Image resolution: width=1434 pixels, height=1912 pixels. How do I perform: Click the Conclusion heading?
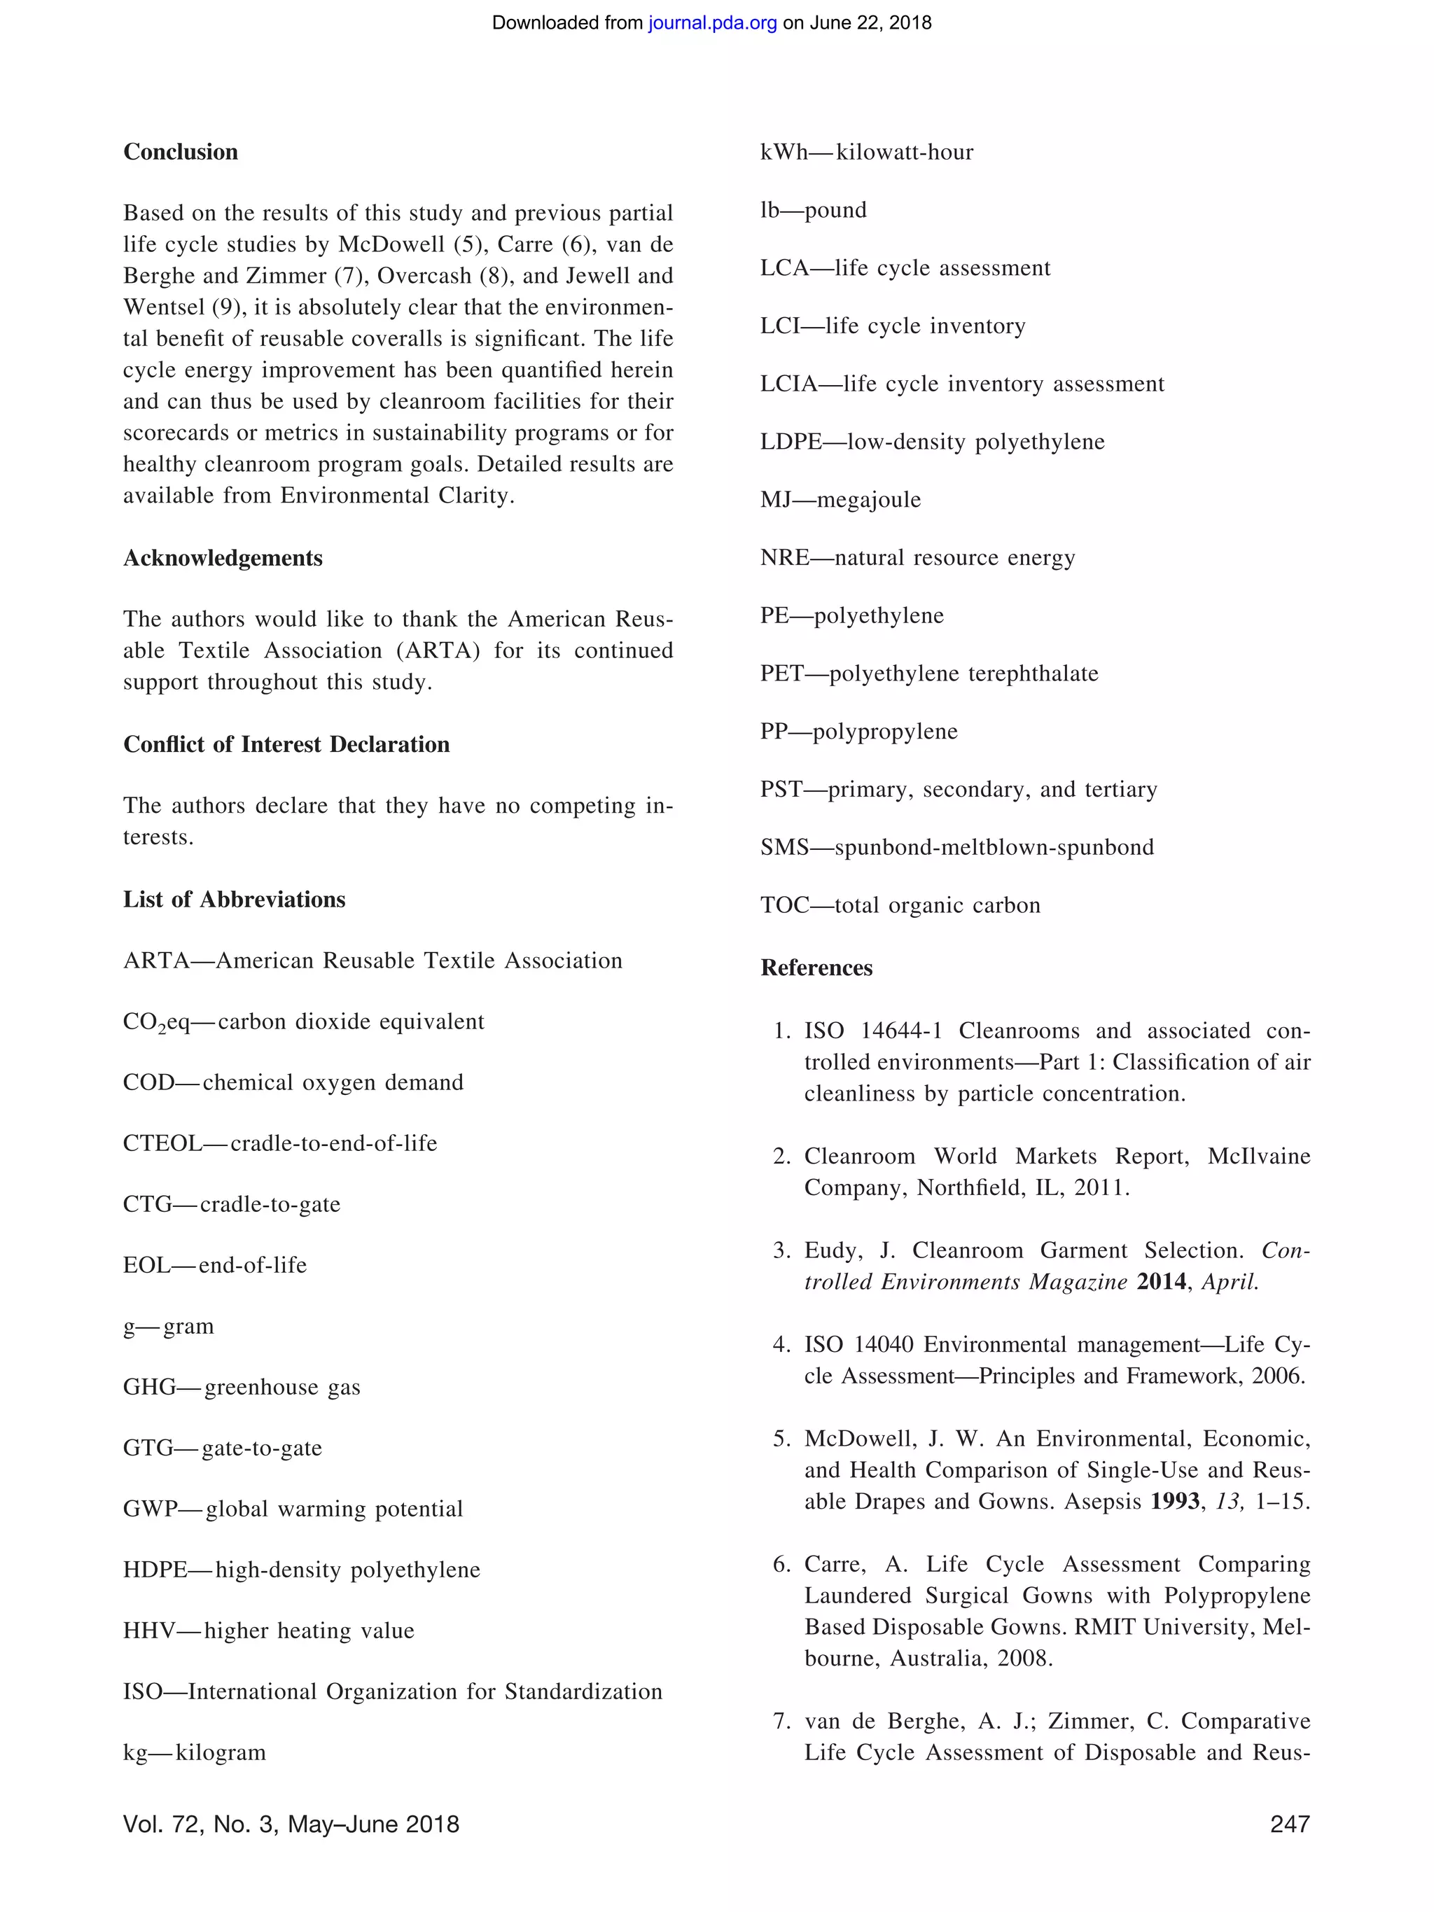coord(181,152)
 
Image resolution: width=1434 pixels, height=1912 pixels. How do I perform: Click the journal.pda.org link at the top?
coord(712,23)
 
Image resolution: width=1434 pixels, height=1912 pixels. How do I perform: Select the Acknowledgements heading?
coord(223,559)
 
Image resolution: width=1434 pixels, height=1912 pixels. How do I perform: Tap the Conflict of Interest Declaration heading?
coord(286,745)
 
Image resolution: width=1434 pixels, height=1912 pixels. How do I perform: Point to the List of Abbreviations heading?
coord(235,900)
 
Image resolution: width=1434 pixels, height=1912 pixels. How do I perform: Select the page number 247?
coord(1290,1824)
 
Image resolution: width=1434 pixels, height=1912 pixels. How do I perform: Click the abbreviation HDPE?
coord(155,1570)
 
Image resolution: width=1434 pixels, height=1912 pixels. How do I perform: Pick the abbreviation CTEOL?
coord(162,1143)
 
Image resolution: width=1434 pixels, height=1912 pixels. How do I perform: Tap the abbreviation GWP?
coord(150,1509)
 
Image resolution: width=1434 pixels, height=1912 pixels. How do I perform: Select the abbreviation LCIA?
coord(788,384)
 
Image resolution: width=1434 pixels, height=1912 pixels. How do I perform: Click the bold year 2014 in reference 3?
coord(1161,1282)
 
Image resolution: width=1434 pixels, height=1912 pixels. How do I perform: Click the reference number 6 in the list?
coord(781,1565)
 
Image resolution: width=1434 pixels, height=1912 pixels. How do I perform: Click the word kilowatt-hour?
coord(904,153)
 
